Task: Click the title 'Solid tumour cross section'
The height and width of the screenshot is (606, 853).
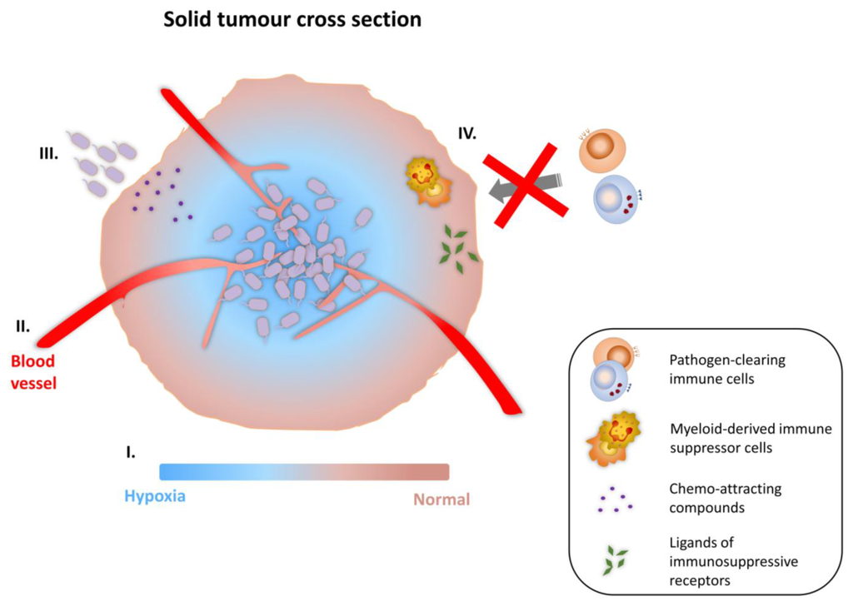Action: click(x=292, y=19)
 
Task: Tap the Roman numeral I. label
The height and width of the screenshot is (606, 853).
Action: click(x=130, y=452)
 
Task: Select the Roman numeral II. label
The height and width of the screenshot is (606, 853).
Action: click(x=27, y=324)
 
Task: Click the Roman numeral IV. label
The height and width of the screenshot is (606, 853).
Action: click(x=467, y=132)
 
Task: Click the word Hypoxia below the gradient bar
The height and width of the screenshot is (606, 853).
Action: click(x=155, y=498)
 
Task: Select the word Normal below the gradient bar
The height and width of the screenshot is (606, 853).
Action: click(x=441, y=499)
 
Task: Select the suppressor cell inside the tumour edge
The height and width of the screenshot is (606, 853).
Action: click(x=429, y=181)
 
